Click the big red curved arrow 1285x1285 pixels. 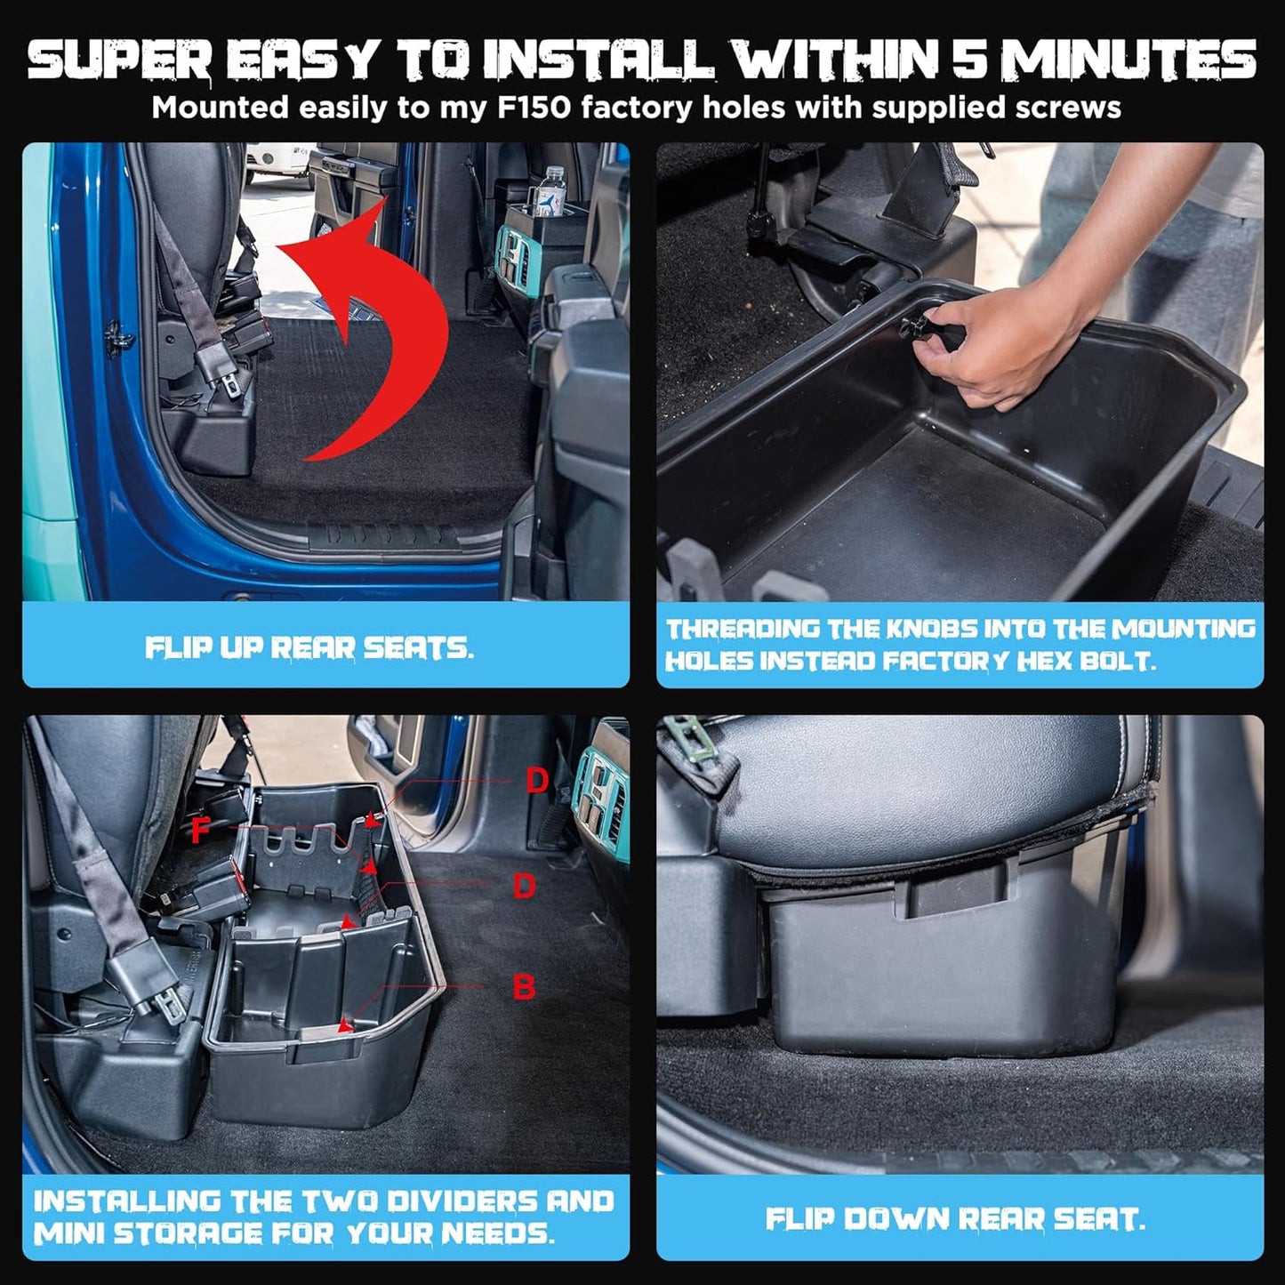coord(393,313)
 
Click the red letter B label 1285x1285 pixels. coord(524,988)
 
